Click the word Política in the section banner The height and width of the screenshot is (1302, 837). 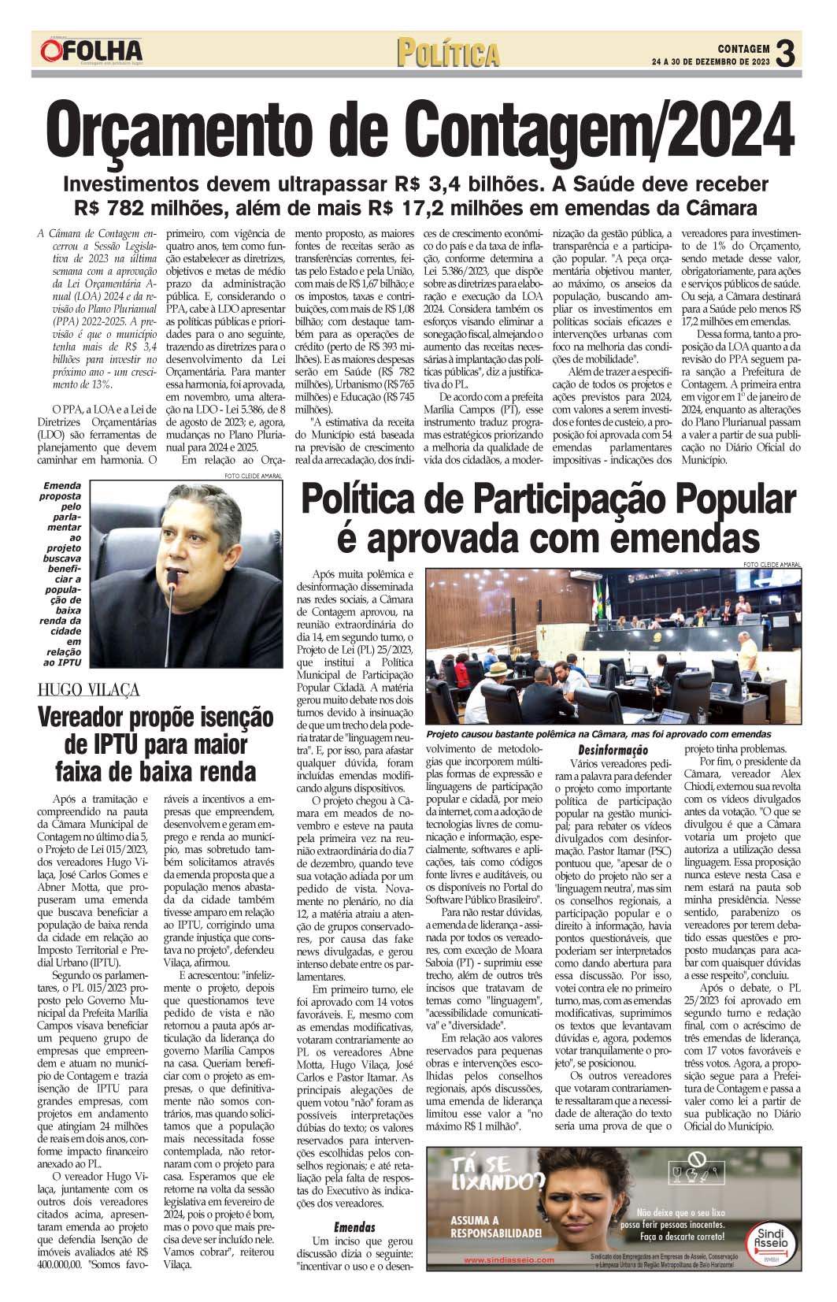click(x=448, y=53)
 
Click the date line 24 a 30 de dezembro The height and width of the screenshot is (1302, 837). click(x=712, y=61)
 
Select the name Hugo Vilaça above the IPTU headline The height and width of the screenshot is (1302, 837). click(x=88, y=690)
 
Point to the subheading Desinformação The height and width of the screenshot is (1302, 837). click(x=613, y=751)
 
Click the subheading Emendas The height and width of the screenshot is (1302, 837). click(x=354, y=1226)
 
